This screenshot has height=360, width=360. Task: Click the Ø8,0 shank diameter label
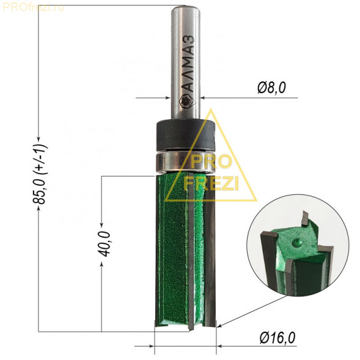271,88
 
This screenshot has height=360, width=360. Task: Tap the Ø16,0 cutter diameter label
277,337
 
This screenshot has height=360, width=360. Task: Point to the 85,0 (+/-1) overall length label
40,174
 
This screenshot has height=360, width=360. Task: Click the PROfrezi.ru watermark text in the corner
33,7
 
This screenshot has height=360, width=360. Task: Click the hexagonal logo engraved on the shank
187,101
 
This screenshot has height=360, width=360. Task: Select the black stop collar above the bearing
186,135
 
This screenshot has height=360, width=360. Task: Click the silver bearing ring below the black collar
186,162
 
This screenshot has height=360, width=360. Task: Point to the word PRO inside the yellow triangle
210,162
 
